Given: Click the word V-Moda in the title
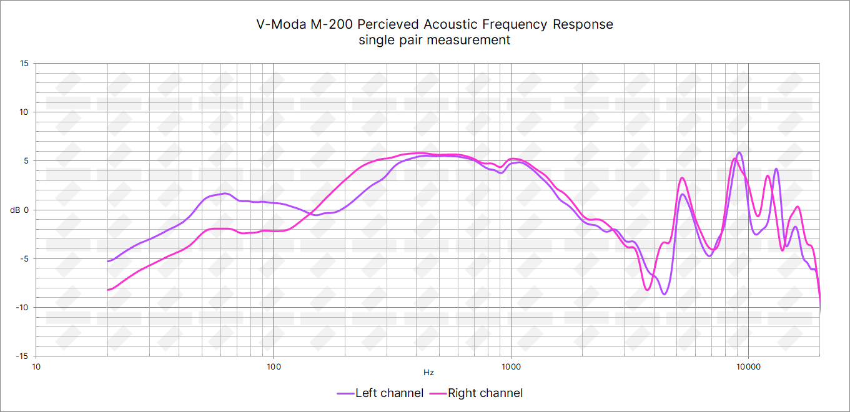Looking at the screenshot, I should tap(282, 24).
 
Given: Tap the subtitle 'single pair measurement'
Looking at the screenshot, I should tap(435, 40).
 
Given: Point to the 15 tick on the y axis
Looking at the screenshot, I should tap(24, 63).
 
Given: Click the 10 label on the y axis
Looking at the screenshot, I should tap(24, 112).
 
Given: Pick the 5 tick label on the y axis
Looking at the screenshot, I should tap(26, 160).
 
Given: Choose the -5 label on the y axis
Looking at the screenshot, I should tap(25, 258).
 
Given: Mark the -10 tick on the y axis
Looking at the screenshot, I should tap(23, 307).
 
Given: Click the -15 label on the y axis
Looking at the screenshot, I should tap(23, 356).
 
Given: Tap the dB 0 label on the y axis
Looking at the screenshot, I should tap(20, 210).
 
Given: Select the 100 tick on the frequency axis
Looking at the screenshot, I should tap(274, 366).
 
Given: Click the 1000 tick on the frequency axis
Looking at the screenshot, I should tap(511, 366).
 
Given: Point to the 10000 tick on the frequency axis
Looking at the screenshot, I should tap(748, 366).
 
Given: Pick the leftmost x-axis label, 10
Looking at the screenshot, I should tap(36, 366).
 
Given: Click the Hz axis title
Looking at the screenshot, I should tap(428, 373).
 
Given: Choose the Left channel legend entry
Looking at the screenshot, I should tap(380, 393).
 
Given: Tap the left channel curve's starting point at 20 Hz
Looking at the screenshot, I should tap(108, 261).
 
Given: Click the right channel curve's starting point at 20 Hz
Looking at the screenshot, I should tap(108, 290).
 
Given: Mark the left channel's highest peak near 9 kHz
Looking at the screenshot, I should tap(739, 152).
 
